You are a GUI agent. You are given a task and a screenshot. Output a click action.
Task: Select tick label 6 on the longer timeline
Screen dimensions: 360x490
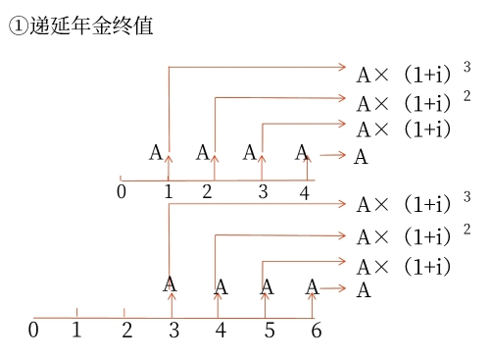[x=316, y=331]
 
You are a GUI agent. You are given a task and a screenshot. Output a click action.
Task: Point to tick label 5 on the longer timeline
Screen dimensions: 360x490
[x=269, y=331]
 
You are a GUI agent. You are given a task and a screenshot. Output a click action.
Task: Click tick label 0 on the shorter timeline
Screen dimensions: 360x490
[x=122, y=191]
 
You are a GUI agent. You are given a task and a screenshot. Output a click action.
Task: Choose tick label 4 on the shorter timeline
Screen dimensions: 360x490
[x=305, y=193]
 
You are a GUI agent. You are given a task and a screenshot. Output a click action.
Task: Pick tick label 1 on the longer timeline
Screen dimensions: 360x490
[x=76, y=331]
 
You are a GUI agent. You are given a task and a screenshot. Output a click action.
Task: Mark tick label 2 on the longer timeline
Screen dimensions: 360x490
[x=126, y=331]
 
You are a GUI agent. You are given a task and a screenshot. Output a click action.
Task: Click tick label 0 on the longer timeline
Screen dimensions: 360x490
[x=34, y=331]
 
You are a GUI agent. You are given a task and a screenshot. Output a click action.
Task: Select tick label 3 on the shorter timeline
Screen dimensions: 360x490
[x=263, y=191]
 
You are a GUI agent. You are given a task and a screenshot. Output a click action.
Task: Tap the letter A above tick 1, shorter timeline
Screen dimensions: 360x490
[x=156, y=152]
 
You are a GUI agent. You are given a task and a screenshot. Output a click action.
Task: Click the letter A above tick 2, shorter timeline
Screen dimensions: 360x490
[x=203, y=152]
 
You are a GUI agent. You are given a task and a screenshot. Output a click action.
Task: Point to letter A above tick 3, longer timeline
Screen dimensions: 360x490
[x=171, y=284]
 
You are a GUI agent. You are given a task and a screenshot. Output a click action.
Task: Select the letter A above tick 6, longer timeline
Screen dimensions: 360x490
[x=312, y=286]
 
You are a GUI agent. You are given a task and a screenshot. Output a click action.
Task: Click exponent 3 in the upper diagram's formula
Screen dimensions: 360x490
[x=466, y=67]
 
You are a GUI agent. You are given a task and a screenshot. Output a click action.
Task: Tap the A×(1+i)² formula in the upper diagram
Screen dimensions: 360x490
[x=404, y=103]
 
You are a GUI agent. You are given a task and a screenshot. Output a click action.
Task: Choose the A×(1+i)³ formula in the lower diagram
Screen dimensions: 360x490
[x=404, y=205]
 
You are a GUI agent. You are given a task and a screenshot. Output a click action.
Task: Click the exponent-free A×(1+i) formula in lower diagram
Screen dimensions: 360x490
[x=404, y=266]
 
